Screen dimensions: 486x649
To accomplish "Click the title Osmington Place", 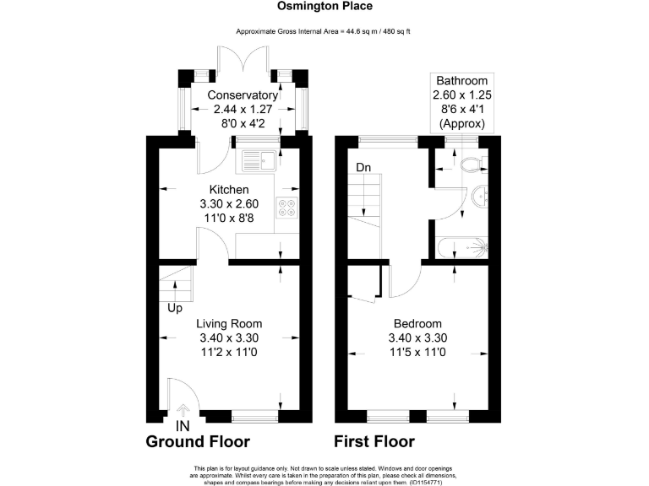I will click(x=325, y=6).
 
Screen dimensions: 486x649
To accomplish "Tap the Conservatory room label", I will click(x=243, y=95).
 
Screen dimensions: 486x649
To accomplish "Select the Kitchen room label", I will click(x=228, y=190).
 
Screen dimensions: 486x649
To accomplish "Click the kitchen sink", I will click(x=257, y=157).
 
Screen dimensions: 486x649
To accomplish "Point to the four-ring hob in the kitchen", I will click(x=287, y=207).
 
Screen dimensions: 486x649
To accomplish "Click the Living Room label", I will click(x=229, y=323).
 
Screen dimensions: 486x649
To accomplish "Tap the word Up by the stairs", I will click(x=175, y=309).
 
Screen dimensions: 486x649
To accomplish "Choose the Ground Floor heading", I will click(x=198, y=442).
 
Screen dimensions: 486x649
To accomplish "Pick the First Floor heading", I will click(x=374, y=442).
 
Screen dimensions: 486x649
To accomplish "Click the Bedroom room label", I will click(x=417, y=323).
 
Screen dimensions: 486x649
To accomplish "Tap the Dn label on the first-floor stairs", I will click(x=363, y=168).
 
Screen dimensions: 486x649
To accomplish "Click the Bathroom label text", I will click(x=461, y=81).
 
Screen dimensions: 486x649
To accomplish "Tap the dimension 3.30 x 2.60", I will click(x=228, y=203).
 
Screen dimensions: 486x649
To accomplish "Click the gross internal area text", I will click(x=325, y=31).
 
